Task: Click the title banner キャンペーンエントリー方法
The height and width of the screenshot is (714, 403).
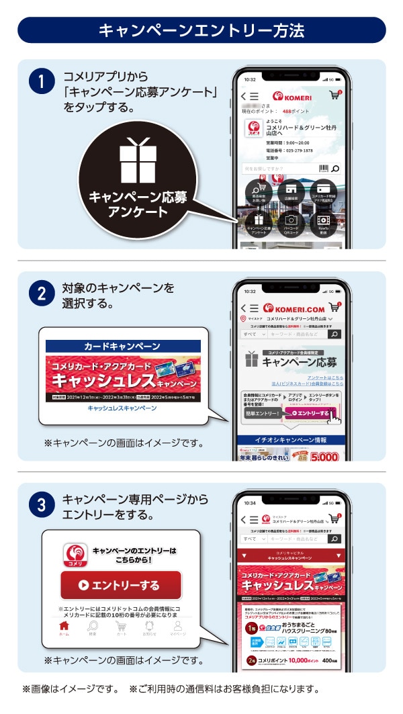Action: pos(201,30)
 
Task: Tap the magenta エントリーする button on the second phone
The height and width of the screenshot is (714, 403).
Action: pos(310,413)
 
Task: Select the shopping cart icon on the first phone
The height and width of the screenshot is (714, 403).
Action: pos(334,95)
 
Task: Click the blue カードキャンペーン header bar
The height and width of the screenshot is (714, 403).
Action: pos(122,347)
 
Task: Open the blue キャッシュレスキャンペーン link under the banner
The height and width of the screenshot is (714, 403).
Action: pos(122,408)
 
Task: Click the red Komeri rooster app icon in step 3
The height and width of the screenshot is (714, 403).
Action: pos(75,555)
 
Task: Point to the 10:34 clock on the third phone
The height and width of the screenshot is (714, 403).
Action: pos(250,502)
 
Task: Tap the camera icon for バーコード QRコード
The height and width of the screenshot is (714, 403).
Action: pos(291,220)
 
